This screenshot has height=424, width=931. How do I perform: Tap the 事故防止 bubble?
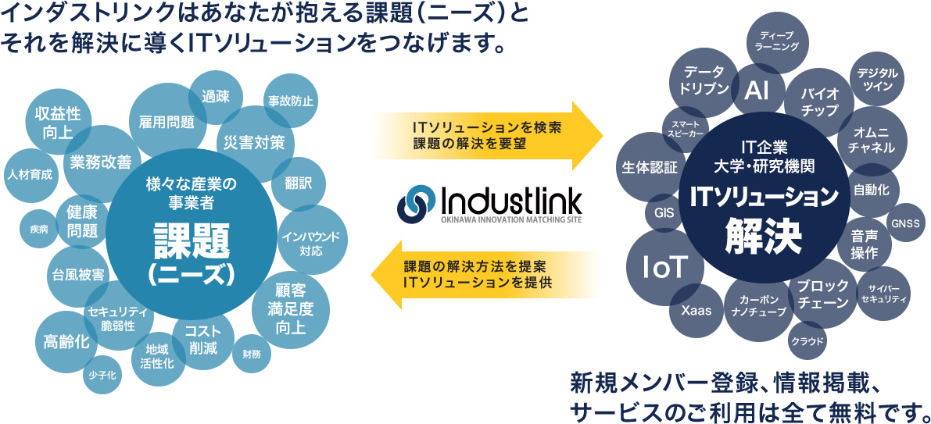(x=291, y=101)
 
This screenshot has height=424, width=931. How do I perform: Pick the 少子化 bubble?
(x=102, y=376)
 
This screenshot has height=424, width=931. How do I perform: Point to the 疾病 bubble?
(x=39, y=229)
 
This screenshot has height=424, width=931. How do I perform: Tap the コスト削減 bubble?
(x=203, y=340)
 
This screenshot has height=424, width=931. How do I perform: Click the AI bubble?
(x=757, y=91)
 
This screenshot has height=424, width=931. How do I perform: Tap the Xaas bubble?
(x=696, y=310)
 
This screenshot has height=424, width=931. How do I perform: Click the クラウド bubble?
(x=807, y=340)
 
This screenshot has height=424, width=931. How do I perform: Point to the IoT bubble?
(x=664, y=268)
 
